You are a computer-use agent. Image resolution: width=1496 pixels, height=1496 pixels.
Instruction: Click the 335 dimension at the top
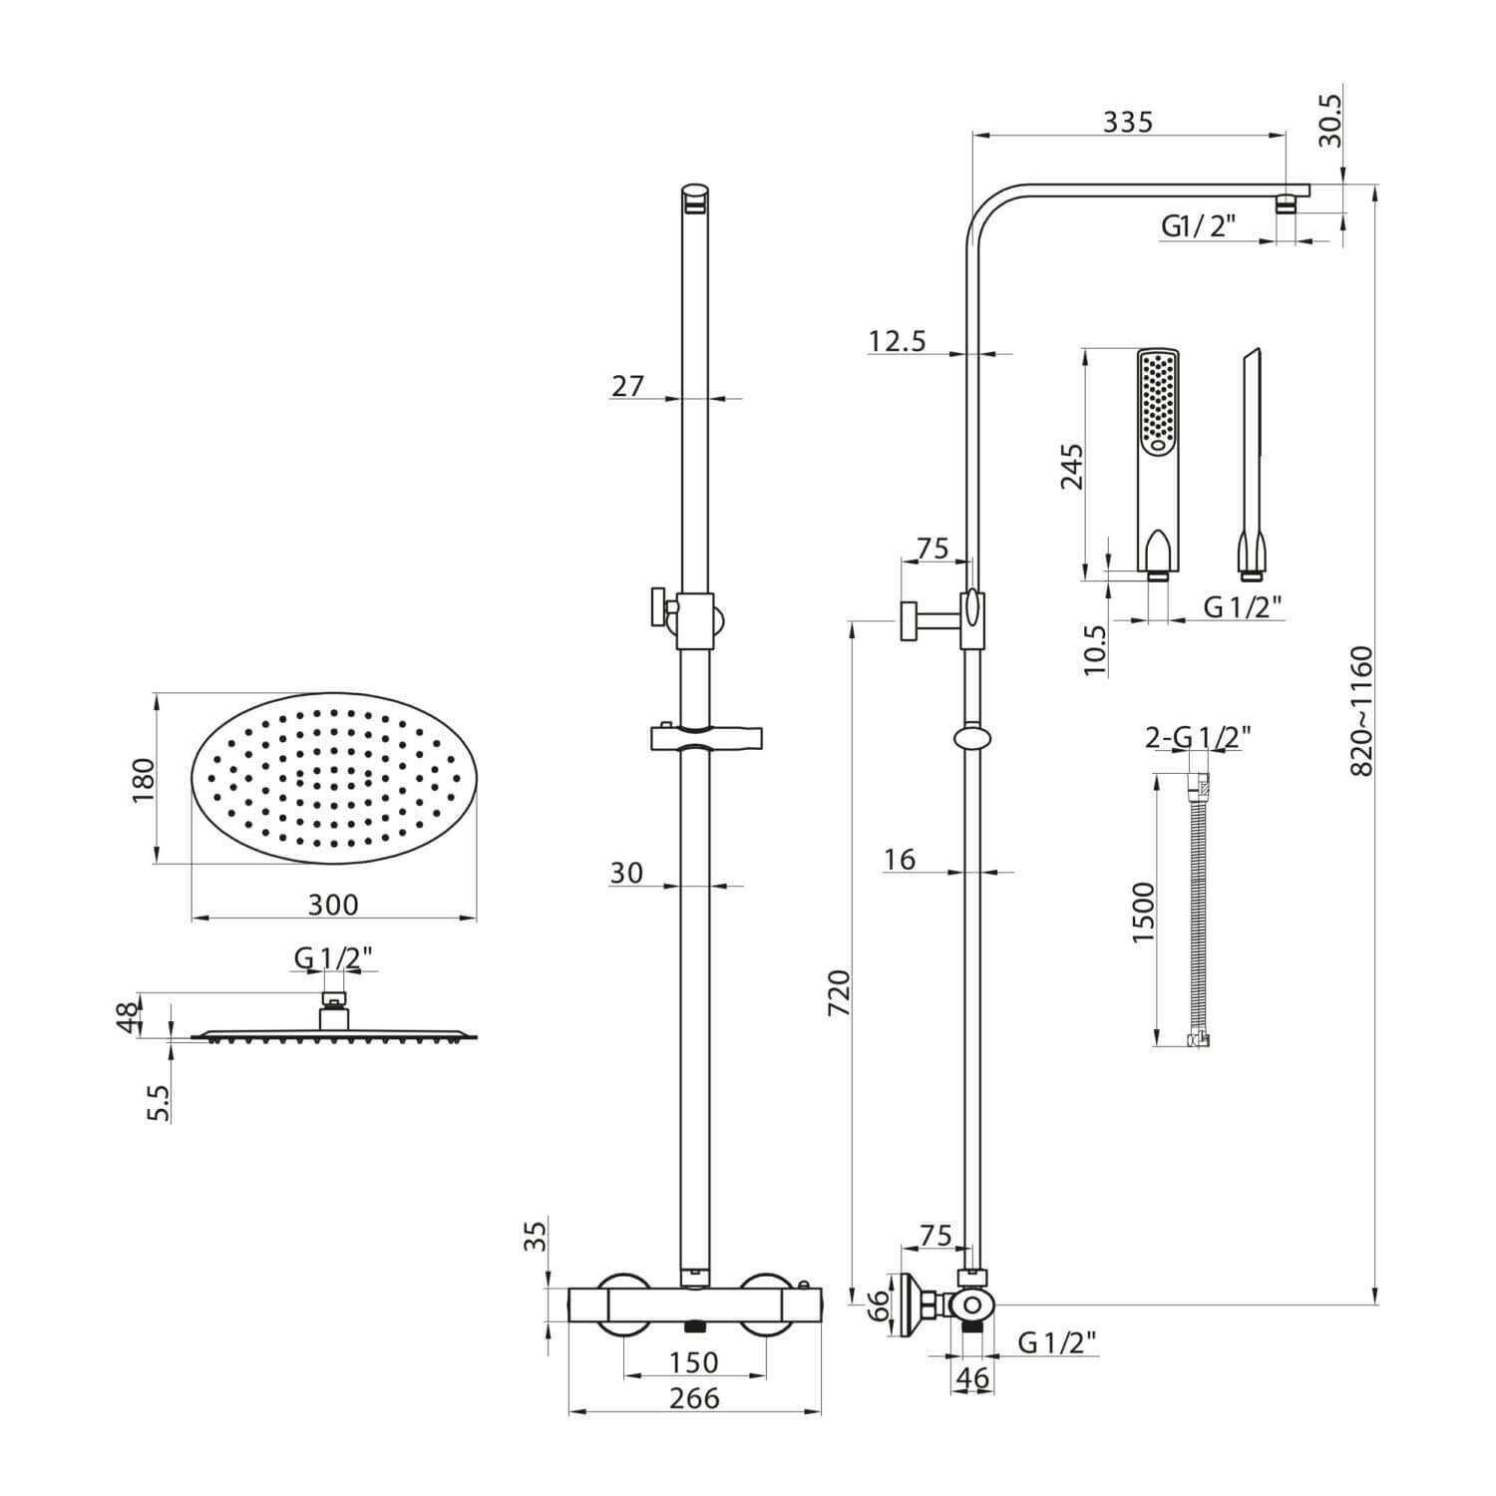tap(1127, 122)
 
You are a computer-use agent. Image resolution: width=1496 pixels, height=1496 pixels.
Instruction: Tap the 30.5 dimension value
tap(1330, 119)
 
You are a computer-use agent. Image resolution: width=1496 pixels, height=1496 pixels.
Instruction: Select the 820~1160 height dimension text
tap(1361, 711)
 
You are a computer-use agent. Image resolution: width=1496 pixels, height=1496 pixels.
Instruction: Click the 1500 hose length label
tap(1143, 912)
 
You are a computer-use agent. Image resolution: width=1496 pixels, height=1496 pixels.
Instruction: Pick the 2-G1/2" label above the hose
tap(1198, 737)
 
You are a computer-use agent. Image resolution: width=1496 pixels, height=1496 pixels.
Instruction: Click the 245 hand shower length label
tap(1071, 466)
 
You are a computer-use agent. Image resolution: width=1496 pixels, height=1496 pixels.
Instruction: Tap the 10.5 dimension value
tap(1094, 650)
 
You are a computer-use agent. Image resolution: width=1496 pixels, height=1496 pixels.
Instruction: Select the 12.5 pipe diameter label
tap(897, 341)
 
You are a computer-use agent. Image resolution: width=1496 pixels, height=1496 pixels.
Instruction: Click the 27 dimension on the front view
tap(628, 385)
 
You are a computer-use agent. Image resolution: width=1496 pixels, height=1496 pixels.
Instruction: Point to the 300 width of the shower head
tap(332, 905)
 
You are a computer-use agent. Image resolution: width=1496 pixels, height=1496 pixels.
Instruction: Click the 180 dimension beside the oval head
tap(143, 780)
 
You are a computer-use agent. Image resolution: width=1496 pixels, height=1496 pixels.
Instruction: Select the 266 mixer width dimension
tap(694, 1398)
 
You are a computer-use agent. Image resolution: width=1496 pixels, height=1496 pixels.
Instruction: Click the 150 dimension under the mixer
tap(694, 1361)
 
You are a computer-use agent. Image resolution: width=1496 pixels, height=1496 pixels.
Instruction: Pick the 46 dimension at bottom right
tap(971, 1379)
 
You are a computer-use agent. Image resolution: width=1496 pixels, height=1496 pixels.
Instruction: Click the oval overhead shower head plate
tap(333, 779)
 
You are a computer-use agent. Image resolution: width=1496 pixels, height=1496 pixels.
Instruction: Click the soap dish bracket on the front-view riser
tap(707, 738)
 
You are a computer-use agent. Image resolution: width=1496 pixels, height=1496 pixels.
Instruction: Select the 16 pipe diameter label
tap(900, 859)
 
